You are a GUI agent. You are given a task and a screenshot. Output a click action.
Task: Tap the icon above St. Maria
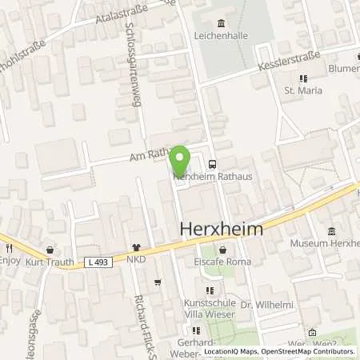point(302,78)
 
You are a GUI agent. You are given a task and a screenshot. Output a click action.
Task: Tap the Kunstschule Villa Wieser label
point(210,309)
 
